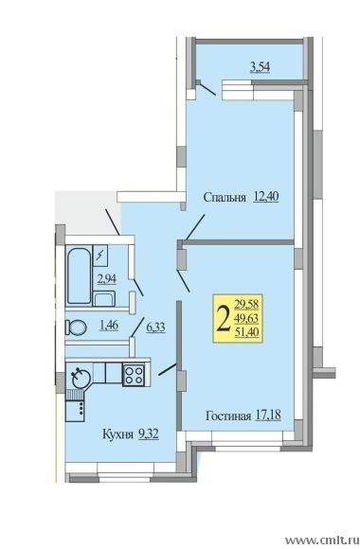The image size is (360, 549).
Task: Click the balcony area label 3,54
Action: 260,66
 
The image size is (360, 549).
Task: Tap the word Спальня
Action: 224,197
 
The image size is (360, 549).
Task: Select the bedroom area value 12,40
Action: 265,197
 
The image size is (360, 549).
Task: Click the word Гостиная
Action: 228,416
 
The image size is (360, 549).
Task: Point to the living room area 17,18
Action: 268,416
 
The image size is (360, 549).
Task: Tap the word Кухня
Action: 117,434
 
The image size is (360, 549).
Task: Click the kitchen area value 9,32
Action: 149,434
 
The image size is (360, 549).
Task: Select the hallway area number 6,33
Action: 155,328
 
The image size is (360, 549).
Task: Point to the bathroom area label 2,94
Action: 106,278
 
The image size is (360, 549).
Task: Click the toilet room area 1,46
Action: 109,326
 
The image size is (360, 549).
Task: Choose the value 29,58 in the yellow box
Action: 246,304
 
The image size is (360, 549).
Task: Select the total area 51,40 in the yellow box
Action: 246,331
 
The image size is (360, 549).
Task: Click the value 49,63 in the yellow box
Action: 246,318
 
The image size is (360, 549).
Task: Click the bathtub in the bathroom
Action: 79,275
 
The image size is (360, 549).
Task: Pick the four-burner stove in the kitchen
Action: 134,375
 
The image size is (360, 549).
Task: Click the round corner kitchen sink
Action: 81,378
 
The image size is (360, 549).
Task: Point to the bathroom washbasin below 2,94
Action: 104,299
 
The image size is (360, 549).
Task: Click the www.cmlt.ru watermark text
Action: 322,540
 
